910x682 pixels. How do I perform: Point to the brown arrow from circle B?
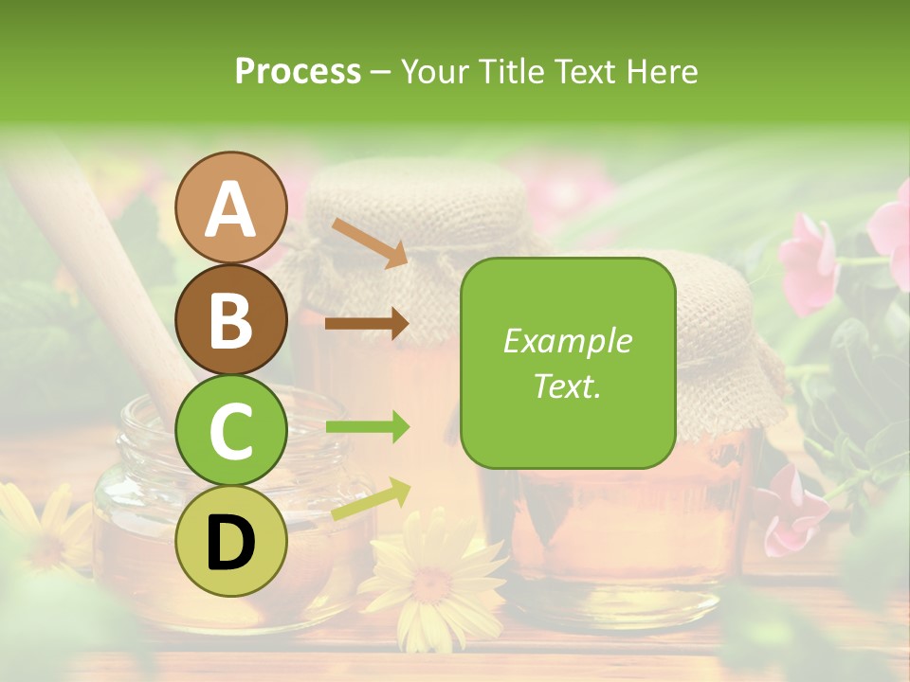click(x=367, y=324)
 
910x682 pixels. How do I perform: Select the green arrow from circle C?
click(x=367, y=428)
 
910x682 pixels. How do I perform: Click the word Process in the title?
click(x=298, y=72)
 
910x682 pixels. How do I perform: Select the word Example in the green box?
click(x=567, y=341)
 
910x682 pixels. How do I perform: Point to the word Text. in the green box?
click(x=567, y=386)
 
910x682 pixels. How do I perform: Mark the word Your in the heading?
click(x=431, y=72)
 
